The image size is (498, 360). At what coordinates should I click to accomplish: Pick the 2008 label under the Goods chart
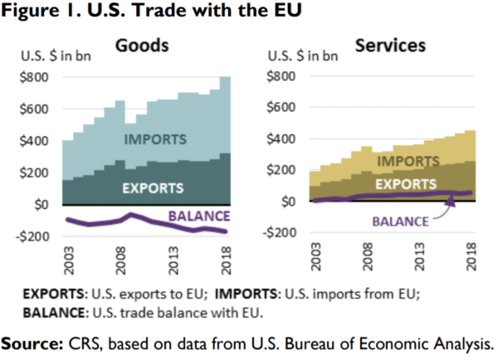tap(120, 259)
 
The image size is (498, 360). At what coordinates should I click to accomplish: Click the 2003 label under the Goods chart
tap(70, 259)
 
